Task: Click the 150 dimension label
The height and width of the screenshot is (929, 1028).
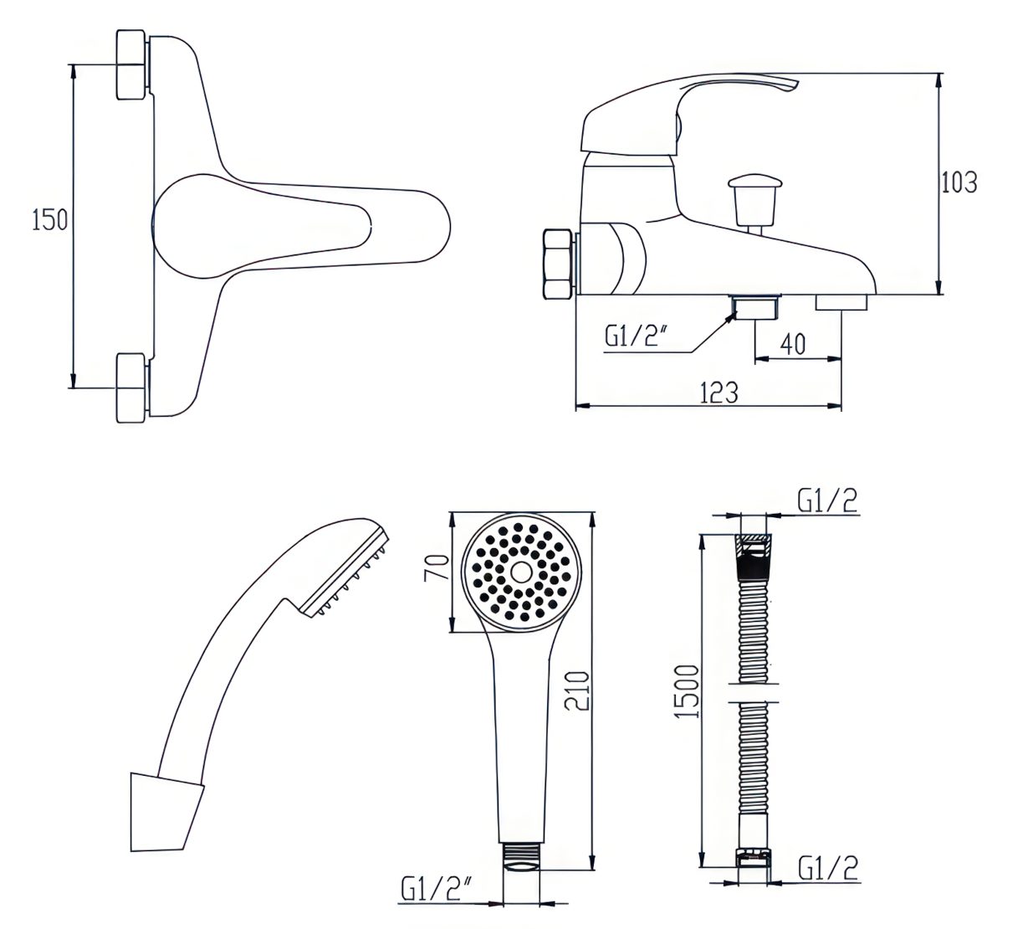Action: (x=49, y=221)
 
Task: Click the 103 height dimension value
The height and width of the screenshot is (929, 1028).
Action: (x=959, y=182)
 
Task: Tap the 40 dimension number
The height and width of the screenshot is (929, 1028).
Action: (x=793, y=344)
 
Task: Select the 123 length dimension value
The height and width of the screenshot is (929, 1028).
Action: (x=719, y=393)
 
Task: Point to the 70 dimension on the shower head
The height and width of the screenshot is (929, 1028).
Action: (x=437, y=567)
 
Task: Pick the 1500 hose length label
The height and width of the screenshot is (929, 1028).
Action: (x=688, y=691)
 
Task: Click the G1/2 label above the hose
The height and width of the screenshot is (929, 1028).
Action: (x=827, y=501)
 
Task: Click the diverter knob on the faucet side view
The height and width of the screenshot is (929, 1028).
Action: (x=755, y=201)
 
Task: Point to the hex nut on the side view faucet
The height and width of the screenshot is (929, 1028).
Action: (x=559, y=264)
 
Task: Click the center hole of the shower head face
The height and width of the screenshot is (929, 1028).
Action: (x=521, y=572)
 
